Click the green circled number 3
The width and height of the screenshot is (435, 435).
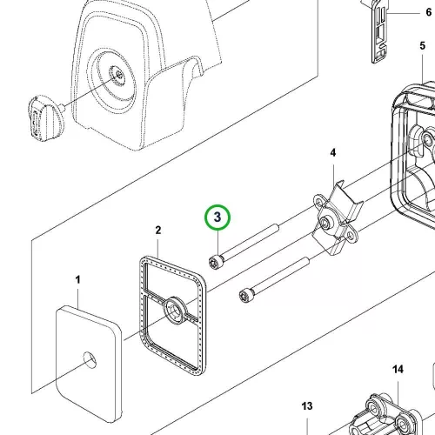tap(217, 217)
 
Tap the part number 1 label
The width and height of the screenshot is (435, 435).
tap(77, 280)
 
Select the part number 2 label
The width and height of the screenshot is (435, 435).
tap(158, 231)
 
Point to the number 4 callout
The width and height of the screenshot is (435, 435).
tap(333, 152)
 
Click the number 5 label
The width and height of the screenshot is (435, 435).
tap(423, 46)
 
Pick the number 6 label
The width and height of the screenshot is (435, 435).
tap(429, 12)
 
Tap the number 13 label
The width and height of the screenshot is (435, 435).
tap(307, 406)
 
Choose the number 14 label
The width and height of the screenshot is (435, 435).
tap(398, 370)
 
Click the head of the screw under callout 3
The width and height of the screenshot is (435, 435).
tap(216, 262)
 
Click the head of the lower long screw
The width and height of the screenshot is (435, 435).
tap(246, 295)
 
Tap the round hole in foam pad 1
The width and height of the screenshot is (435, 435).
tap(90, 360)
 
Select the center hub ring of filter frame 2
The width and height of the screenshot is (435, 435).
tap(176, 311)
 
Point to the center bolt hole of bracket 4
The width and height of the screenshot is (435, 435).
tap(325, 223)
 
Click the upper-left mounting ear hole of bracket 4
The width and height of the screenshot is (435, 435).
tap(319, 202)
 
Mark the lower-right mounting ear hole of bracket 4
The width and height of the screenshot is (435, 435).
tap(351, 236)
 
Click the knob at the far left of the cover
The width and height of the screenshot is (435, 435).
tap(46, 118)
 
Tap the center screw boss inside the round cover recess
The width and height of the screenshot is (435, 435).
tap(118, 76)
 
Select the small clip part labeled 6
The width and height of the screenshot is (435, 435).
tap(379, 32)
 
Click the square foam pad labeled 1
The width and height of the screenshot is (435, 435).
tap(89, 364)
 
